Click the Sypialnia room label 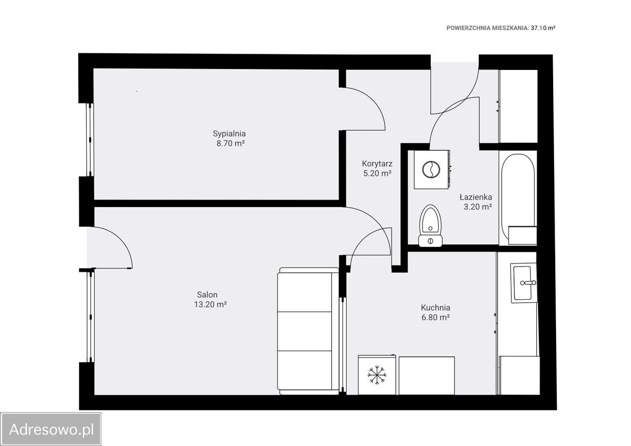tap(229, 134)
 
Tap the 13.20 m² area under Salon tap(210, 305)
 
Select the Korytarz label tap(377, 164)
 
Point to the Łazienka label tap(476, 197)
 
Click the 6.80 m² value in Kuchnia tap(435, 317)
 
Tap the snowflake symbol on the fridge tap(377, 375)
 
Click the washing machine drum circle tap(431, 170)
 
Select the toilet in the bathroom tap(430, 226)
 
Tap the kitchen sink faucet tap(528, 283)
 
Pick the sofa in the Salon tap(308, 331)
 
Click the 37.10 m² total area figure tap(543, 28)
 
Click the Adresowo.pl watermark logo tap(51, 429)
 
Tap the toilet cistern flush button tap(430, 241)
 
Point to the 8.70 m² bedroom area tap(230, 143)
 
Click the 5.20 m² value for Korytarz tap(377, 173)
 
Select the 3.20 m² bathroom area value tap(478, 206)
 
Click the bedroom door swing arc tap(373, 100)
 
